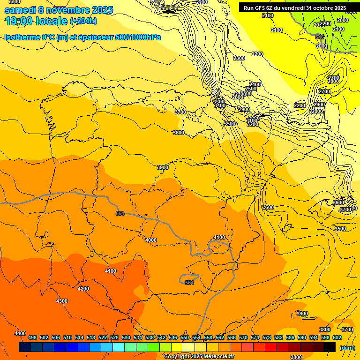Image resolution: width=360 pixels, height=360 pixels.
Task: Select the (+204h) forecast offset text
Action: pos(83,21)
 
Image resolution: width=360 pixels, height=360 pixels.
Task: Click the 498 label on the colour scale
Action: pos(32,337)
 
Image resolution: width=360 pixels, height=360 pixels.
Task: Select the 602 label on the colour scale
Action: pos(337,337)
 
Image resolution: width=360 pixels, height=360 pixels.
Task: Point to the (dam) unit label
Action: pos(347,348)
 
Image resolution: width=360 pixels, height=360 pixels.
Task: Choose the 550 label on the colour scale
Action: pos(185,337)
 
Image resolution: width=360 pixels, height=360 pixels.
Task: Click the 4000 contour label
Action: pos(151,240)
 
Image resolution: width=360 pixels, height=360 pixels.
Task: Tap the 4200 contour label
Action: pos(83,289)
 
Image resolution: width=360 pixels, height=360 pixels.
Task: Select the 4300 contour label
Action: pos(62,301)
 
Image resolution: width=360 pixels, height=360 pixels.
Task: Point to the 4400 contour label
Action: pos(20,333)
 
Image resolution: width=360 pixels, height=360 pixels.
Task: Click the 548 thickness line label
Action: pos(320,37)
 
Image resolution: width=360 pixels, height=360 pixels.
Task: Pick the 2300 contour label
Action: pos(239,58)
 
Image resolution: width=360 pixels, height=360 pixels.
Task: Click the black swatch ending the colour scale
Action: pos(330,347)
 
